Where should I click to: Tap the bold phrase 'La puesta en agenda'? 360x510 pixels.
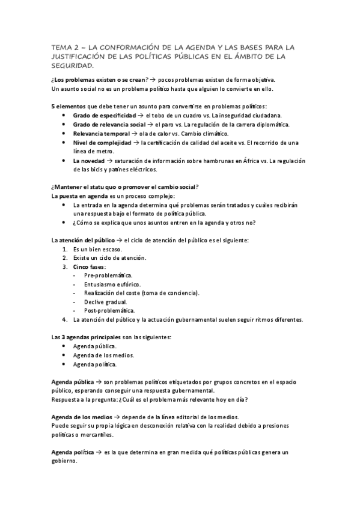(79, 197)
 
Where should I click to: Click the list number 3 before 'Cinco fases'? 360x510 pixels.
(65, 266)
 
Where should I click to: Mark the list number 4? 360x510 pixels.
(65, 319)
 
